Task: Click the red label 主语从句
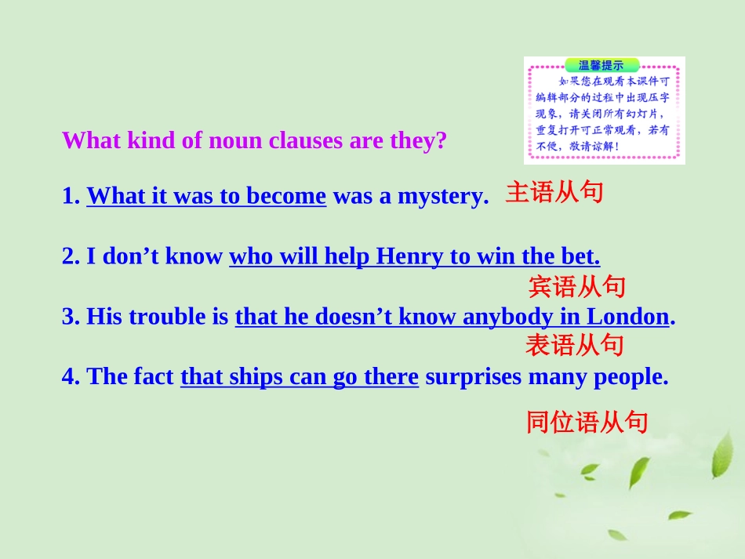point(554,193)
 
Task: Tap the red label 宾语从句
point(577,287)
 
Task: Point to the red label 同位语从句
point(587,423)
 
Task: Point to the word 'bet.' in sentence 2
point(580,256)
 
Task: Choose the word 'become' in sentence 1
point(286,196)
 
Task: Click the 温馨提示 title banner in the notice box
point(601,66)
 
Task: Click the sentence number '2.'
point(71,256)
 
